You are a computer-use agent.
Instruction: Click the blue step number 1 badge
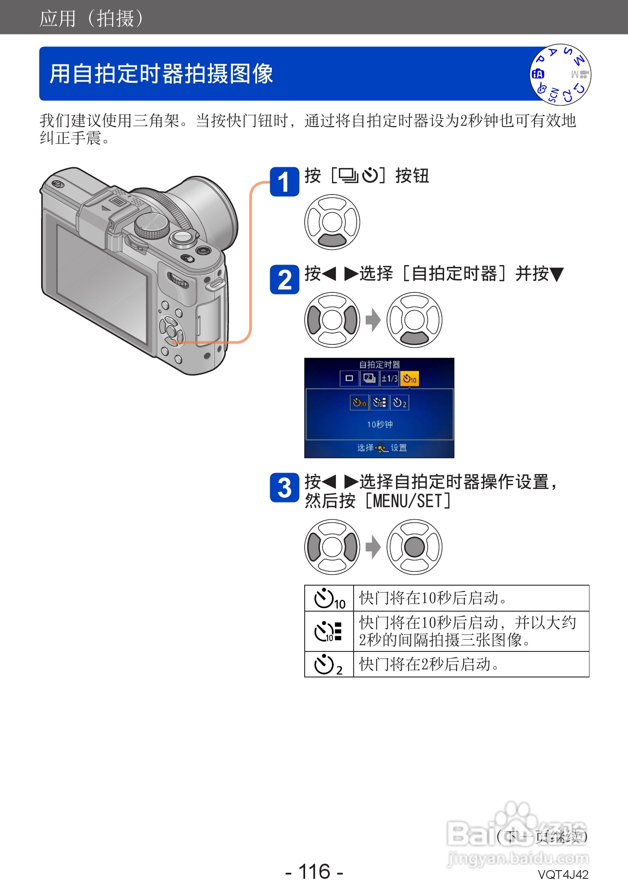(284, 181)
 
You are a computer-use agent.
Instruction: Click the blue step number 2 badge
(284, 279)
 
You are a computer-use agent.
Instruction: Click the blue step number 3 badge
(284, 488)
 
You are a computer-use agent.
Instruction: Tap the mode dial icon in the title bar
(560, 74)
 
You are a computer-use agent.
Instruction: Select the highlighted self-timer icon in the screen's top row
(409, 379)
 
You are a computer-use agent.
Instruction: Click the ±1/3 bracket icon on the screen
(389, 379)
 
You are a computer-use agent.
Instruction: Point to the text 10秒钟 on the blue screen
(380, 424)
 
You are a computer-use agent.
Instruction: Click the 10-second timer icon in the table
(329, 599)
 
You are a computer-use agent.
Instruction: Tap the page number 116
(314, 871)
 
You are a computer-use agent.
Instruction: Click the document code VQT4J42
(563, 875)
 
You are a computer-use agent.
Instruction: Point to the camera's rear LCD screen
(102, 282)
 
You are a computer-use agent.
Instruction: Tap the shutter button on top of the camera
(183, 237)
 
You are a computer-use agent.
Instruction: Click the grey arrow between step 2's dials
(373, 320)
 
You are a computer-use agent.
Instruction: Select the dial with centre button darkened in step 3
(414, 547)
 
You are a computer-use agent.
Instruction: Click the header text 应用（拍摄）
(91, 18)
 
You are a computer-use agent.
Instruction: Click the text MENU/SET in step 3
(407, 501)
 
